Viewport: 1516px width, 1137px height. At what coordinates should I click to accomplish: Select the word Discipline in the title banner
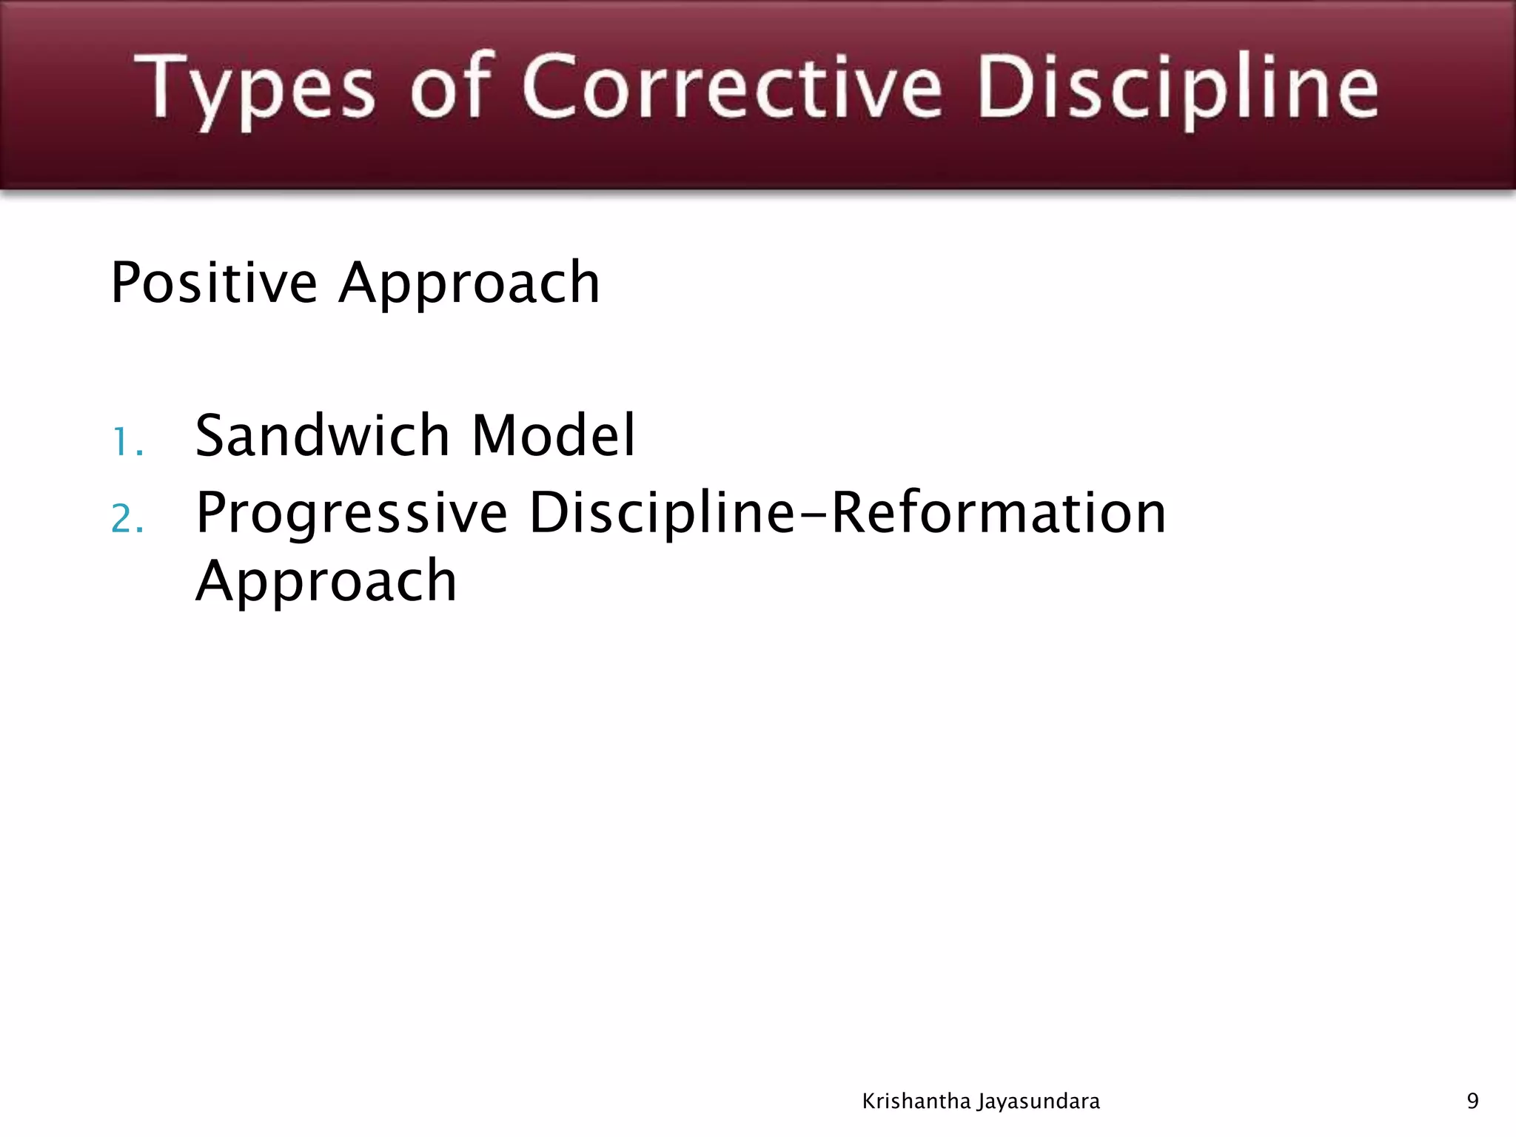tap(1177, 89)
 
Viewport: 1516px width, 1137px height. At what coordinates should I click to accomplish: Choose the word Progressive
tap(352, 515)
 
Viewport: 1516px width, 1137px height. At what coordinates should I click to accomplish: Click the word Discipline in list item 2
tap(662, 515)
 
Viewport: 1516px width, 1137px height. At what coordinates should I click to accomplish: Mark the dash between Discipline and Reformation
tap(813, 515)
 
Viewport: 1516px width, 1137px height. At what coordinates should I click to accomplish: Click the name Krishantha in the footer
tap(916, 1101)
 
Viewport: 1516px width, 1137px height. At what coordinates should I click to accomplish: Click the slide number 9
tap(1472, 1101)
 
